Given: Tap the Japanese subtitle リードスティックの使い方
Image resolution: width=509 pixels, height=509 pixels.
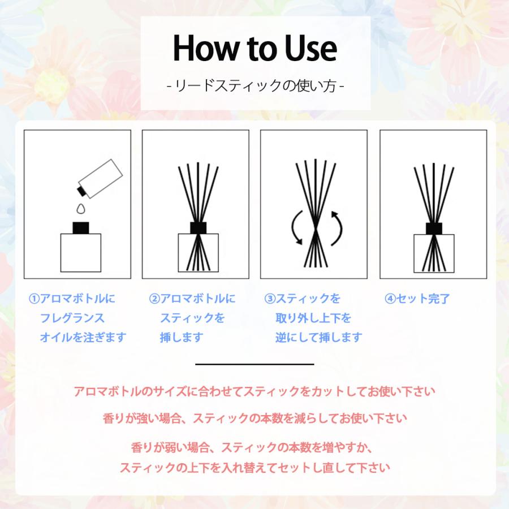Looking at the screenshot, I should click(255, 87).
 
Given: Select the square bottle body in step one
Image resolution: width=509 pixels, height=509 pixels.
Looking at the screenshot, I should click(80, 253).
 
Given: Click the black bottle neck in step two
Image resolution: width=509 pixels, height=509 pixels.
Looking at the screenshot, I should click(197, 227).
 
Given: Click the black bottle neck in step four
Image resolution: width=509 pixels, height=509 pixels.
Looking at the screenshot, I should click(433, 227).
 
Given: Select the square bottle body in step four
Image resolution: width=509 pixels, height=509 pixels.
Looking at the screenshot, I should click(434, 253).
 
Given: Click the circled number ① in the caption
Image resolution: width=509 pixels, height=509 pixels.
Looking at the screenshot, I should click(33, 299).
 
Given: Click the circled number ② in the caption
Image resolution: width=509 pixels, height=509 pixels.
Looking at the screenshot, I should click(154, 299).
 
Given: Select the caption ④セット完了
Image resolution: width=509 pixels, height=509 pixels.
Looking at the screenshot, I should click(417, 299).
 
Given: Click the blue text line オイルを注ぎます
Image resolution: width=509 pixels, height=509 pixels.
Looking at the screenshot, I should click(83, 338).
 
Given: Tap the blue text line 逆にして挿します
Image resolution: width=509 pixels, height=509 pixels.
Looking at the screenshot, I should click(318, 338).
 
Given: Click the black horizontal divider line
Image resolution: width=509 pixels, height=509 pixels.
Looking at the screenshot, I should click(255, 364).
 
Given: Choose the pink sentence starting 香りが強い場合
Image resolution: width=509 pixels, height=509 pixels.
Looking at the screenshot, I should click(255, 419).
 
